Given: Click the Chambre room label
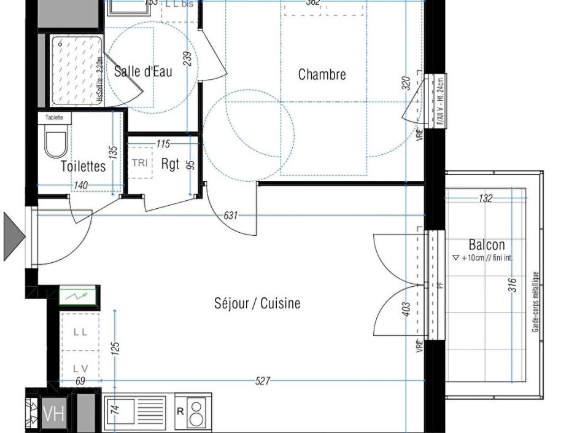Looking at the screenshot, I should click(x=322, y=74).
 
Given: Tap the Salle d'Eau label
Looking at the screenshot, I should click(x=143, y=71).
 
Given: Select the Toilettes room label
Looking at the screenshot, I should click(x=83, y=166).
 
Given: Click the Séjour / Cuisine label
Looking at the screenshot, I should click(x=257, y=303).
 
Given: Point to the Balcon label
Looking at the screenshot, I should click(x=486, y=244).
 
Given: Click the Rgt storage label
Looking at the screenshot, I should click(x=170, y=164).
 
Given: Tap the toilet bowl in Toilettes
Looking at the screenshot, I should click(x=55, y=144).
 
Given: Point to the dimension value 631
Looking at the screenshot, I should click(x=231, y=215).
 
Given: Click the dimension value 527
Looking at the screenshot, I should click(x=262, y=381).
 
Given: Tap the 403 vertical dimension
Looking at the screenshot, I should click(x=406, y=309).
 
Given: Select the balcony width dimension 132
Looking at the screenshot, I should click(x=485, y=198).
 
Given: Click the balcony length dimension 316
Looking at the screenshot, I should click(x=513, y=286).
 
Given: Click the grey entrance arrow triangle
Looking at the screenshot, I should click(x=13, y=236).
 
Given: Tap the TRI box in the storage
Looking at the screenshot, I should click(x=139, y=163).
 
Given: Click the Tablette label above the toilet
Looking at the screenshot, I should click(x=54, y=117).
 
